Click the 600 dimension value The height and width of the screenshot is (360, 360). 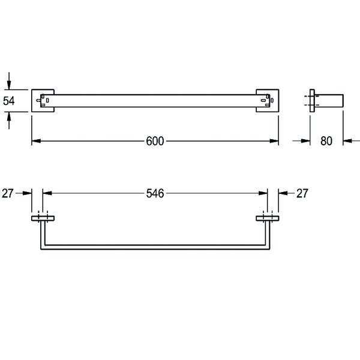155,141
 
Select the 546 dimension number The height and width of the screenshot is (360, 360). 155,194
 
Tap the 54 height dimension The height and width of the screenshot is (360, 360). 9,101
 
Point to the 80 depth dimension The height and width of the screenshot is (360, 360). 326,141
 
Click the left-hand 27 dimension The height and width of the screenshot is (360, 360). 8,194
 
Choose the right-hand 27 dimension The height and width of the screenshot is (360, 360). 302,194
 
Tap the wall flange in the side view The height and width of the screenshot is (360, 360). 312,101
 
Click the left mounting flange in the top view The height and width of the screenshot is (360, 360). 43,218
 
